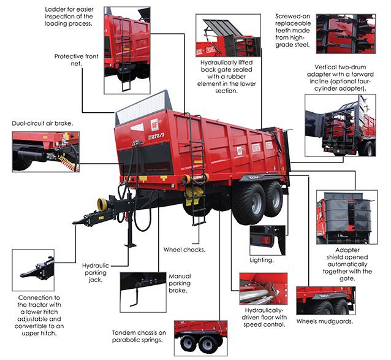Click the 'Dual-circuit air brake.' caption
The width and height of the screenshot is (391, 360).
pyautogui.click(x=42, y=123)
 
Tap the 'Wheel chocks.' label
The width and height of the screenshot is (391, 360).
pyautogui.click(x=184, y=250)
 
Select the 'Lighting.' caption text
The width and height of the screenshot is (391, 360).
pyautogui.click(x=262, y=260)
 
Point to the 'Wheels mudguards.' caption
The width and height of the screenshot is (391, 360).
pyautogui.click(x=324, y=321)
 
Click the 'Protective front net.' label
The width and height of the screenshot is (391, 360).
pyautogui.click(x=77, y=60)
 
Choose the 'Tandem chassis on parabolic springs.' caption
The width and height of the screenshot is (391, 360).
pyautogui.click(x=139, y=336)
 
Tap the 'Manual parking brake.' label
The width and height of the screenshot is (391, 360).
pyautogui.click(x=180, y=283)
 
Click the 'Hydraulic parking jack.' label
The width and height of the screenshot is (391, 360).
pyautogui.click(x=96, y=273)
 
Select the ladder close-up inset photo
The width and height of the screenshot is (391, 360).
pyautogui.click(x=127, y=50)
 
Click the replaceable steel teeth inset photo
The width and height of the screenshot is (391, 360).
pyautogui.click(x=346, y=34)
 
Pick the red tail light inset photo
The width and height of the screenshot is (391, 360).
pyautogui.click(x=267, y=240)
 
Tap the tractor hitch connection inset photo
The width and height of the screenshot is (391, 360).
pyautogui.click(x=33, y=270)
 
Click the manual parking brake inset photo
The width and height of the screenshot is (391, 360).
pyautogui.click(x=143, y=292)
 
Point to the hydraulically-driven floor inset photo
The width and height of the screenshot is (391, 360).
pyautogui.click(x=264, y=289)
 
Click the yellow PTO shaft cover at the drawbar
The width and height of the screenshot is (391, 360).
pyautogui.click(x=102, y=204)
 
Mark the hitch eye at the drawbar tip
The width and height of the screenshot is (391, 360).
pyautogui.click(x=75, y=222)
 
